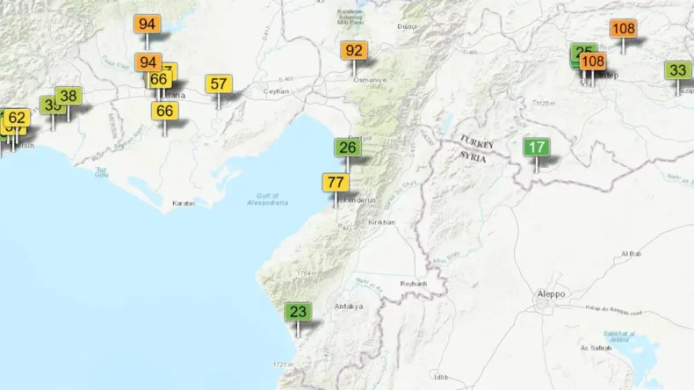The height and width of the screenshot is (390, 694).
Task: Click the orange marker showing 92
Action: [x=355, y=51]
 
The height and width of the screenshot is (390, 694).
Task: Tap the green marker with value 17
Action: [x=536, y=148]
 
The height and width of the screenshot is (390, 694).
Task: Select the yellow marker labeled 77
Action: [x=335, y=183]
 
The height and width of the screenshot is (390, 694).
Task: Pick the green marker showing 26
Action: [x=348, y=147]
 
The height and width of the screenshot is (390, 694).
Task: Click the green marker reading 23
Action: [x=298, y=312]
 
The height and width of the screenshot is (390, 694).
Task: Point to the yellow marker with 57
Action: [x=220, y=84]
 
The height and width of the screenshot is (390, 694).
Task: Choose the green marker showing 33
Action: [x=677, y=70]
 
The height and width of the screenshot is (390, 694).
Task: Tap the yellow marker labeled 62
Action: [x=17, y=118]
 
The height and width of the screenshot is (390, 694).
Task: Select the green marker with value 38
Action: [x=69, y=97]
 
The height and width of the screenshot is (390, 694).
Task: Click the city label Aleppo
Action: [x=551, y=294]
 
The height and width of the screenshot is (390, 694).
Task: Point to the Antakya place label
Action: [x=349, y=307]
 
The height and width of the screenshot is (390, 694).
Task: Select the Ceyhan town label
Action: [x=276, y=90]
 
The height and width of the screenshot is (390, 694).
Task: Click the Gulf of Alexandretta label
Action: [x=268, y=199]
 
